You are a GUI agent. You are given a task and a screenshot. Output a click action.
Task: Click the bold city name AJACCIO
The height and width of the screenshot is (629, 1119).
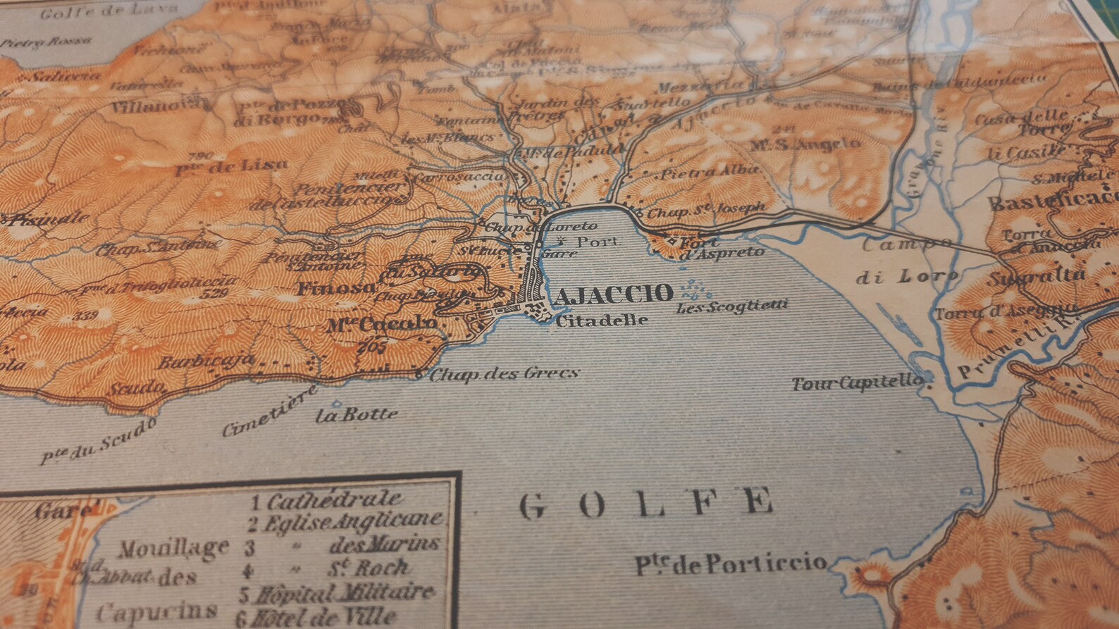[x=613, y=294]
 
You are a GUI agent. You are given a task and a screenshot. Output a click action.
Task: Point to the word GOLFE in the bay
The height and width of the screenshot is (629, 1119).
[x=645, y=503]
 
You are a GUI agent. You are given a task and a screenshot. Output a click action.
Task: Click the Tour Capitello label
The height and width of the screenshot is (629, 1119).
[x=857, y=384]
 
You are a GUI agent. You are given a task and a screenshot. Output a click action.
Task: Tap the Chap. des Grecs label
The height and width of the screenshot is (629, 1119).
[x=504, y=374]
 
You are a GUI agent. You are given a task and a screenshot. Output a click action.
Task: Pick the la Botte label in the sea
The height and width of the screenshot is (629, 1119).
[x=357, y=414]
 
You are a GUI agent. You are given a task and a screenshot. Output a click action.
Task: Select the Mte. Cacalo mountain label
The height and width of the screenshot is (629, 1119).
[x=381, y=325]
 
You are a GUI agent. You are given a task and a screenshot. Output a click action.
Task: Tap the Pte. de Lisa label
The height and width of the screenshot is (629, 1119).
[x=231, y=166]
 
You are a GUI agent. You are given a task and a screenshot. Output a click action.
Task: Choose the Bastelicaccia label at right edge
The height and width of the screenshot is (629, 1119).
[x=1054, y=202]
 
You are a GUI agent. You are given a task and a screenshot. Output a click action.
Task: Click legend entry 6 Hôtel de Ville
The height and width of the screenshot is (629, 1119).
[x=318, y=618]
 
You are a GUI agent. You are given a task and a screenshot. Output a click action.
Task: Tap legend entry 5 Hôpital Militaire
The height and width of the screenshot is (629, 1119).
[x=336, y=593]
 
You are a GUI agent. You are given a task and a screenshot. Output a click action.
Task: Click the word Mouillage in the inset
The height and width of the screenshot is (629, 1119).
[x=173, y=548]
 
